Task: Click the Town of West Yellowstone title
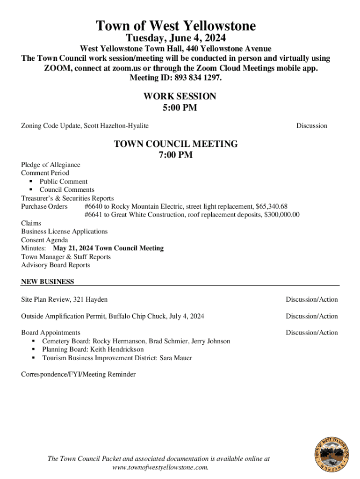(x=176, y=26)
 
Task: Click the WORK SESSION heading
(x=180, y=96)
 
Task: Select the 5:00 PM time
(x=180, y=108)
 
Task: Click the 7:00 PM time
(x=176, y=155)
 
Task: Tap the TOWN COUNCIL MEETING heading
(x=176, y=144)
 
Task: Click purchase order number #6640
(x=93, y=206)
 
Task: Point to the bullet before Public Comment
(x=30, y=181)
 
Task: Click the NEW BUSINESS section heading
(x=47, y=282)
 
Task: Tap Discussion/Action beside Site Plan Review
(x=312, y=299)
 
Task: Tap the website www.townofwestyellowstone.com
(x=160, y=467)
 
